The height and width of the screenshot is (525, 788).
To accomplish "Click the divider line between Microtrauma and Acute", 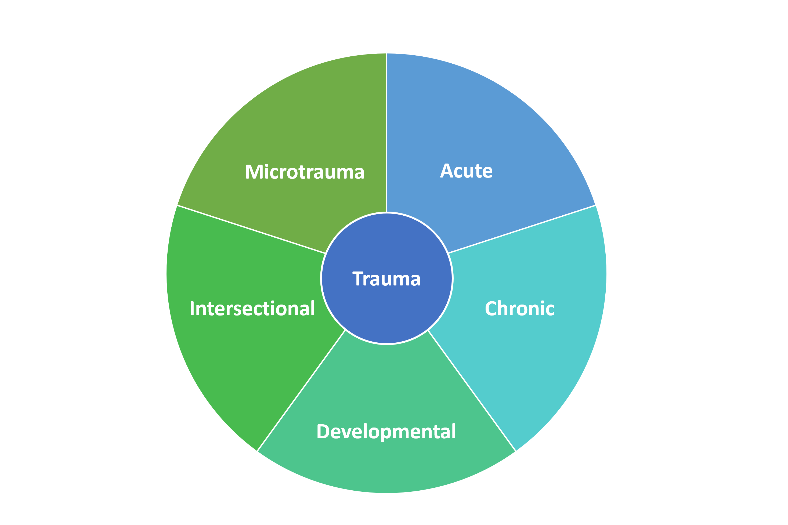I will [386, 134].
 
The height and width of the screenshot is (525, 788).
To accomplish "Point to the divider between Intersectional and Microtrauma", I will [251, 229].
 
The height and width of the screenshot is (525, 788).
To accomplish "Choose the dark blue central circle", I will [386, 255].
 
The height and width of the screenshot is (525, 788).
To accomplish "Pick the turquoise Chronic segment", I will [536, 352].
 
